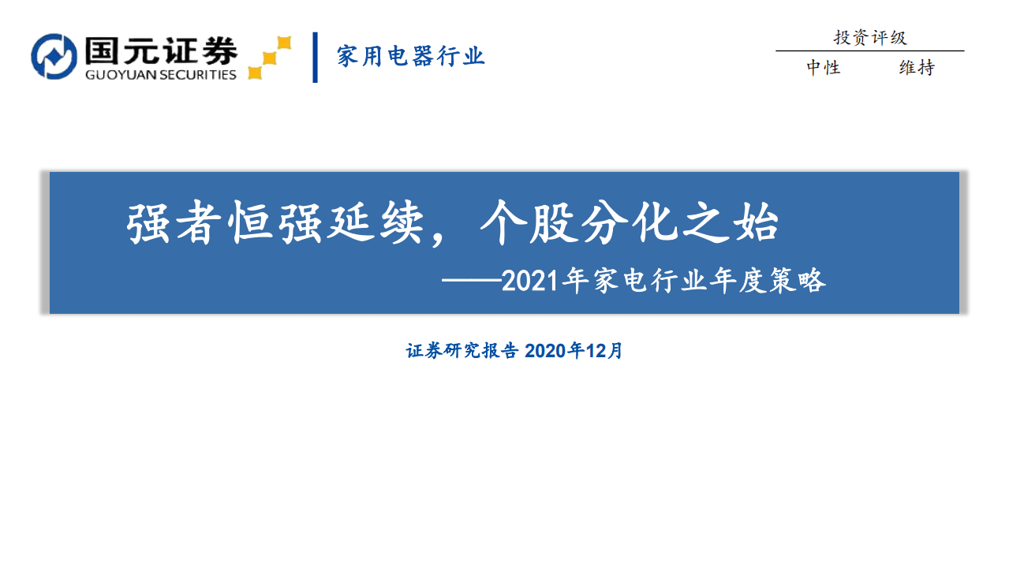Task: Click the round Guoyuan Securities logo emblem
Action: [x=54, y=56]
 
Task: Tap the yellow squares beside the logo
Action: [x=270, y=58]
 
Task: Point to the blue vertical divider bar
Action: [x=316, y=57]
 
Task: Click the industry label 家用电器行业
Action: [x=410, y=57]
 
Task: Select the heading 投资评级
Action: [x=870, y=37]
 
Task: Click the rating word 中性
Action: [x=823, y=68]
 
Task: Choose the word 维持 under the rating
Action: [x=917, y=68]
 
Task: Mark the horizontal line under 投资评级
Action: [x=869, y=51]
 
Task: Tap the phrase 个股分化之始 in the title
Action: [x=629, y=223]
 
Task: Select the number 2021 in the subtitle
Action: [x=527, y=281]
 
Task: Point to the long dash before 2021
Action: [x=470, y=282]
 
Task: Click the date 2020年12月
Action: [x=574, y=351]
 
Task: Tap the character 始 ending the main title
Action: [x=756, y=223]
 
